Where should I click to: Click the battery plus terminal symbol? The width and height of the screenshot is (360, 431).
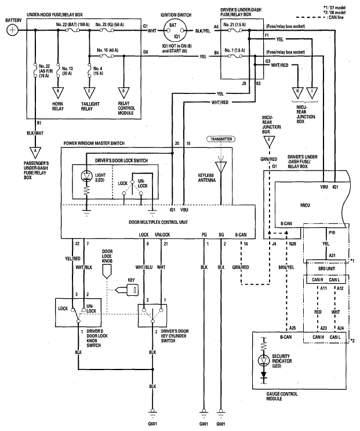point(12,30)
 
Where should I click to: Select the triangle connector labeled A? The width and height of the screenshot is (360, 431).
point(35,153)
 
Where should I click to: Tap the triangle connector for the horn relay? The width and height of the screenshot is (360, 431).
point(58,93)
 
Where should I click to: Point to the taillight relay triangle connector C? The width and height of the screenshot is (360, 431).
point(89,93)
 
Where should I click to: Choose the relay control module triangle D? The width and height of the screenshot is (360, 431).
point(123,93)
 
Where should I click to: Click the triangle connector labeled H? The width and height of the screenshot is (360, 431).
point(297,93)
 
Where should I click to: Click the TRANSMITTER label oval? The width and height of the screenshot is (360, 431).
point(221,139)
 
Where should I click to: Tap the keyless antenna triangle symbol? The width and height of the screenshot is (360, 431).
point(221,167)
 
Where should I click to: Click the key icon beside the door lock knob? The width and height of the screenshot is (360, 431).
point(128,289)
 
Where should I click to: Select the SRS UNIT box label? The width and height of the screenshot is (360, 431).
point(326,268)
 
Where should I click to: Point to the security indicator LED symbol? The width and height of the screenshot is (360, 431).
point(264,360)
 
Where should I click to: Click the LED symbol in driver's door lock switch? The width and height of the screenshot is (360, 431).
point(87,176)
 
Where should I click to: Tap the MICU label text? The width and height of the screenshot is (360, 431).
point(305,205)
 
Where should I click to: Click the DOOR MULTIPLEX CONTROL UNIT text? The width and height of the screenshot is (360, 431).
point(158,222)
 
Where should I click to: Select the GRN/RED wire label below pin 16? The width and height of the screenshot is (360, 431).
point(241,267)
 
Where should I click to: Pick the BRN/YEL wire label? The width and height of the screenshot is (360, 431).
point(286,267)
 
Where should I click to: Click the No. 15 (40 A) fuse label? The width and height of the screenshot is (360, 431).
point(108,50)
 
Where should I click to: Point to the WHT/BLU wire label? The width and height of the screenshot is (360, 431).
point(144,267)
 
